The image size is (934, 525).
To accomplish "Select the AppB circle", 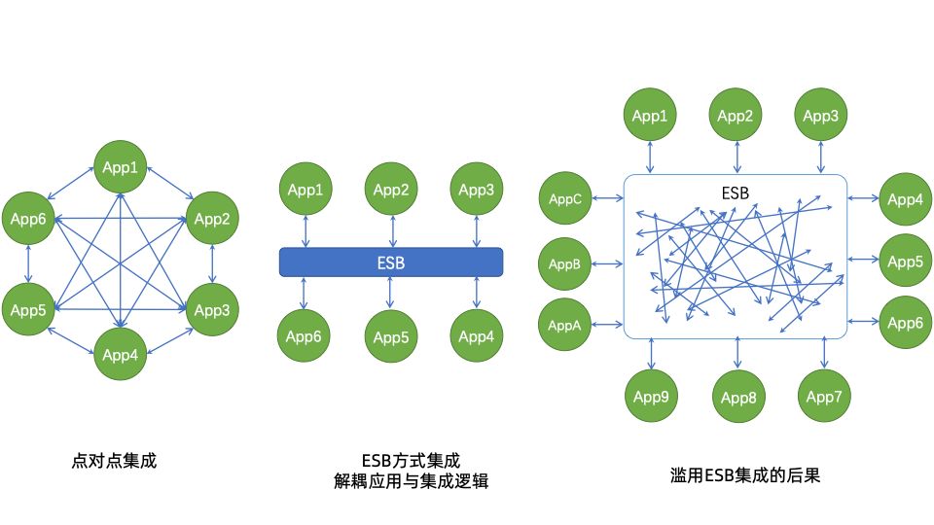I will (564, 263).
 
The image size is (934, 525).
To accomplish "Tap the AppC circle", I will (564, 199).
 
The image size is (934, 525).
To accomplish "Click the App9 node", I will (649, 397).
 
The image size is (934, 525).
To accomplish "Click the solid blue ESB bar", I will (390, 262).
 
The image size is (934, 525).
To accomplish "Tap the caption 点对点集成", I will (114, 461).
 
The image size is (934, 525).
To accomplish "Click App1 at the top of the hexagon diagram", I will (120, 167).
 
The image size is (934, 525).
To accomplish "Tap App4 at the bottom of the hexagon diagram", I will (120, 355).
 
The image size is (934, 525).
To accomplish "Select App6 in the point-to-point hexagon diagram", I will (28, 219).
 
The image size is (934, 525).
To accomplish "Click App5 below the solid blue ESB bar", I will (391, 337).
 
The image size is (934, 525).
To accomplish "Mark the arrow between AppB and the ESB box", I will (606, 263).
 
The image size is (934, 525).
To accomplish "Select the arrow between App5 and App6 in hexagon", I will (28, 263).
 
